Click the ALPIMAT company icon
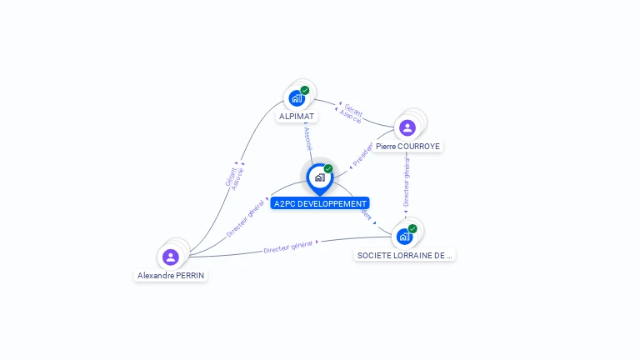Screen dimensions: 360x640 [297, 98]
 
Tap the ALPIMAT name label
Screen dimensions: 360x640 [297, 117]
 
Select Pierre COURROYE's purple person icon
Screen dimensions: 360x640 [407, 127]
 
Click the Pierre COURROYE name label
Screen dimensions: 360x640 [407, 147]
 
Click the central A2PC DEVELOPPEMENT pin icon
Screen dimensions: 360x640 [319, 177]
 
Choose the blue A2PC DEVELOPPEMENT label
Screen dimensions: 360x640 [319, 203]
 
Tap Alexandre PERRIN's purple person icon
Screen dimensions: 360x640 [171, 257]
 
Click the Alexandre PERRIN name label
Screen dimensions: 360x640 [171, 275]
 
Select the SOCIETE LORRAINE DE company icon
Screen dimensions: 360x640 [405, 237]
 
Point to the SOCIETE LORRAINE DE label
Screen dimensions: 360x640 [405, 255]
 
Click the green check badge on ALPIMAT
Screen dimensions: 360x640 [305, 90]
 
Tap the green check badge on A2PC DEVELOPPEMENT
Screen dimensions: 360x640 [328, 168]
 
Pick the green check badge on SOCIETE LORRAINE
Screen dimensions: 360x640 [412, 228]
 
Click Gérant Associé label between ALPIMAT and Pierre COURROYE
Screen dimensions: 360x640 [352, 113]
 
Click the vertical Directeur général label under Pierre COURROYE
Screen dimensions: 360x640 [407, 182]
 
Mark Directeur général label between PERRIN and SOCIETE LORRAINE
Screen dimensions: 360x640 [288, 246]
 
